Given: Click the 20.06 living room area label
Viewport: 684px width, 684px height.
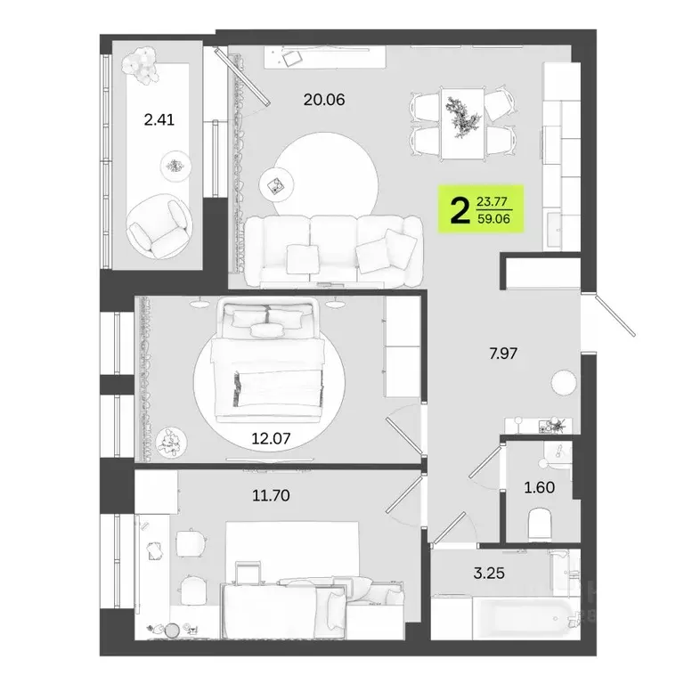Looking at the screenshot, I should [x=323, y=100].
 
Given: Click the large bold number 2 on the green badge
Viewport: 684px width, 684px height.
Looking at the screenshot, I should [x=460, y=211].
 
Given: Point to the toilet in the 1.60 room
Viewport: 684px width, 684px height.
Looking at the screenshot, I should [x=541, y=524].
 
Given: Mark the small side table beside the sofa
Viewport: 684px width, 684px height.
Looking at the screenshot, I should [x=276, y=185].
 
